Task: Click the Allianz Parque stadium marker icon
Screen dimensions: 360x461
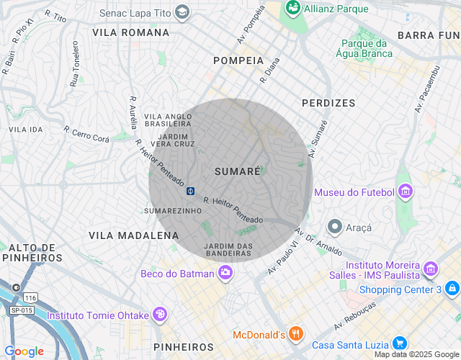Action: tap(293, 7)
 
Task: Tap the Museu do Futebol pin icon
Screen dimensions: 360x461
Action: tap(406, 192)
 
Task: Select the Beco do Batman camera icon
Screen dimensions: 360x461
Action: tap(225, 273)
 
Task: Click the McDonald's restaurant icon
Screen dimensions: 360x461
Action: tap(295, 334)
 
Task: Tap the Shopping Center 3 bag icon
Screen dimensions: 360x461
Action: tap(452, 289)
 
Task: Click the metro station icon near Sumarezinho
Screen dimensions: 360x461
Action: tap(192, 191)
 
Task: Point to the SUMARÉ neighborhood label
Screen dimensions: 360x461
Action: tap(237, 171)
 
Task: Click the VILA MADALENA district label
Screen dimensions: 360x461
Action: tap(133, 235)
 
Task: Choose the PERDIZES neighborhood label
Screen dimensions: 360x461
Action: tap(328, 103)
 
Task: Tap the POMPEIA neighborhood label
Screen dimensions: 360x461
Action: tap(238, 60)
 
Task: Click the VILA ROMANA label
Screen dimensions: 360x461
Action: tap(131, 32)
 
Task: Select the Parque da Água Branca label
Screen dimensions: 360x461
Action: tap(364, 48)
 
